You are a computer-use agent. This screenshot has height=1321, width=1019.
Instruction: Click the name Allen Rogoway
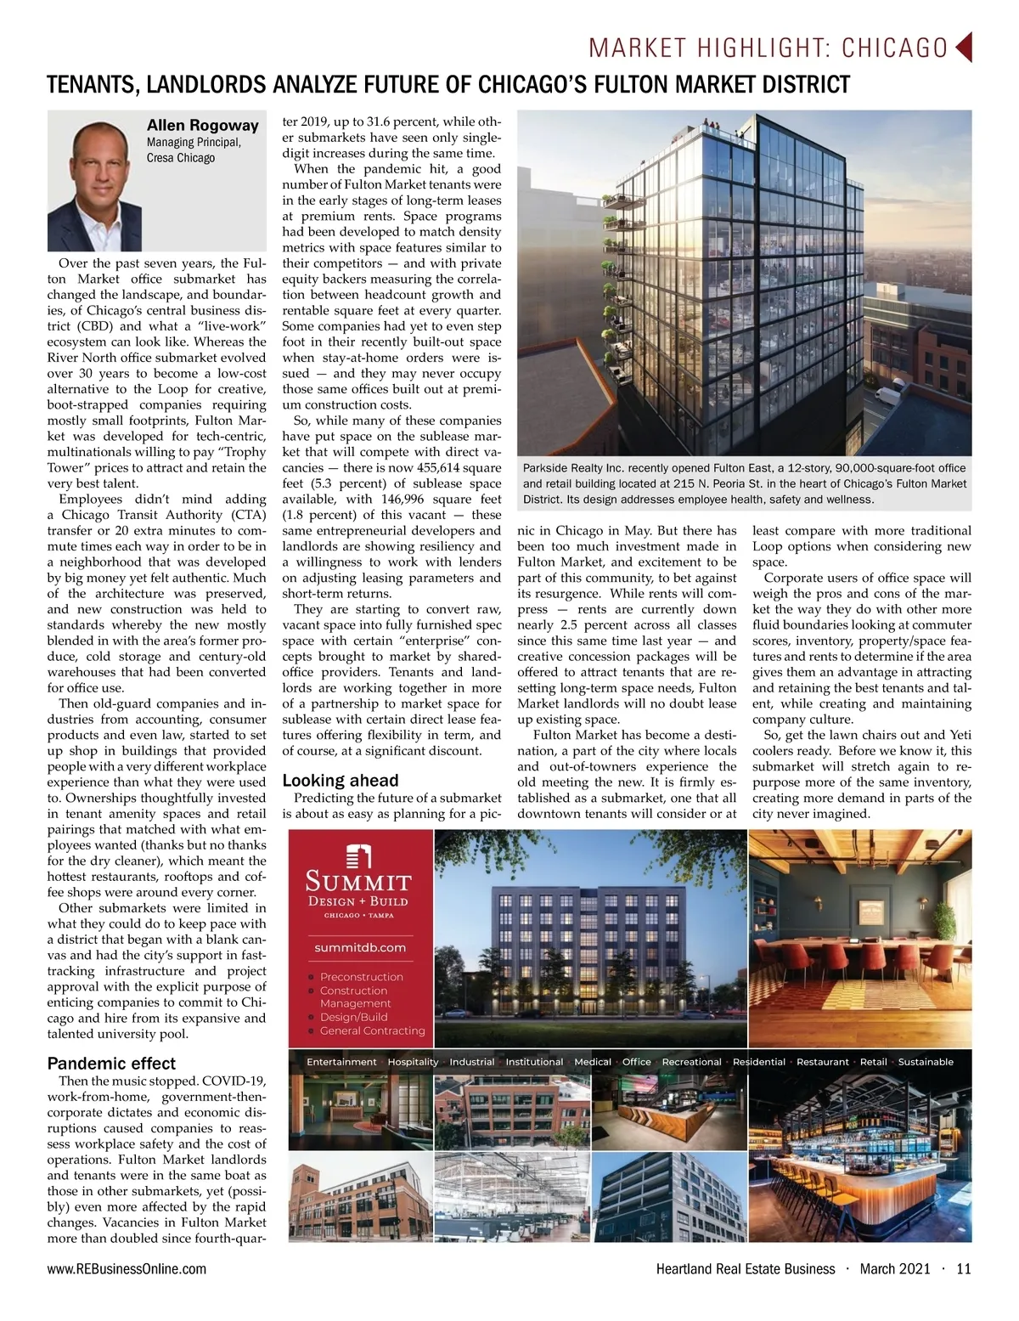pyautogui.click(x=202, y=125)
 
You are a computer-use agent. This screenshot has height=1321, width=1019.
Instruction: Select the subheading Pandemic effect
pyautogui.click(x=111, y=1064)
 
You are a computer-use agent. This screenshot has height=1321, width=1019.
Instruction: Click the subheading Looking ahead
pyautogui.click(x=340, y=781)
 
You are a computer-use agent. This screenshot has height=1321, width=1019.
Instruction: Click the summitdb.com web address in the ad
pyautogui.click(x=360, y=947)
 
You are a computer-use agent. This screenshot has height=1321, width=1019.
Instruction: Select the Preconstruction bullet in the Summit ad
pyautogui.click(x=361, y=977)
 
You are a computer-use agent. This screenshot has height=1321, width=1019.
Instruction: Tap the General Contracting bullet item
pyautogui.click(x=372, y=1030)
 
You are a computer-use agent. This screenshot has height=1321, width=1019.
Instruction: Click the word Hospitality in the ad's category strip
pyautogui.click(x=413, y=1062)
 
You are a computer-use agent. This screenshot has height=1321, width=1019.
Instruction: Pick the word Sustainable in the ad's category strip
pyautogui.click(x=926, y=1062)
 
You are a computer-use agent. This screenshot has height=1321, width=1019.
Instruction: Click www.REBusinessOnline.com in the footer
pyautogui.click(x=127, y=1269)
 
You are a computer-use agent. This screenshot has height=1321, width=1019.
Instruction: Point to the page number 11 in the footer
pyautogui.click(x=963, y=1269)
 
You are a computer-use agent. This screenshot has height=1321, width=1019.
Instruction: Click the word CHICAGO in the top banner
pyautogui.click(x=894, y=48)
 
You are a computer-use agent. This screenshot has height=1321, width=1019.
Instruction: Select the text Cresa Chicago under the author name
pyautogui.click(x=181, y=158)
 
